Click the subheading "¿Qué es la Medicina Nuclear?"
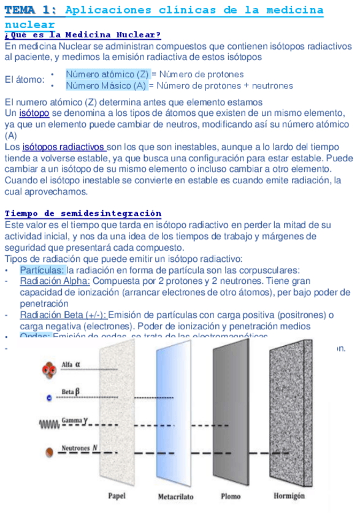(x=83, y=36)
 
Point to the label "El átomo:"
(x=25, y=80)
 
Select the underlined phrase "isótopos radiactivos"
(x=64, y=147)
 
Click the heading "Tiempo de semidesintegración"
(x=83, y=213)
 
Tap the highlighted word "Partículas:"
(x=42, y=270)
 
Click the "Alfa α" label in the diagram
(x=72, y=365)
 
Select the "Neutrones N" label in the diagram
(x=79, y=448)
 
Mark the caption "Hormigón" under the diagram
(x=289, y=495)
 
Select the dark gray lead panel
(x=231, y=417)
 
